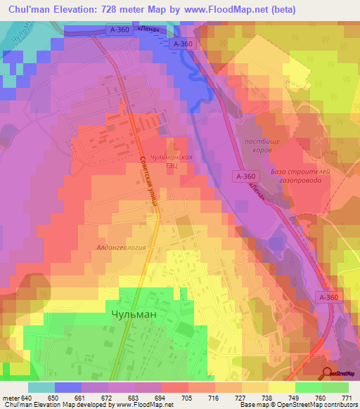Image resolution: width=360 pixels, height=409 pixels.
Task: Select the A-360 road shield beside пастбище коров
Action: (246, 176)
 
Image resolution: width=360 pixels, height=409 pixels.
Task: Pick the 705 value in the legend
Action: (187, 398)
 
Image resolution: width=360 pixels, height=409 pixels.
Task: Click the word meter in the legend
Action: (10, 398)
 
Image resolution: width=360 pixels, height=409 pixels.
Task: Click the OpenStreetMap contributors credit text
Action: (321, 405)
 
